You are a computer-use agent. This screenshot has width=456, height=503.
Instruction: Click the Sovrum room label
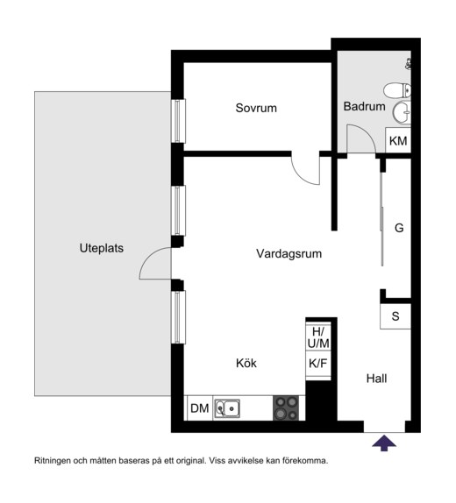pyautogui.click(x=256, y=108)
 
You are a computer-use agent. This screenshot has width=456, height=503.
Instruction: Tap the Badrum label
pyautogui.click(x=364, y=107)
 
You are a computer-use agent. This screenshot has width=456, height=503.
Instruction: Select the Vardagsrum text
pyautogui.click(x=289, y=254)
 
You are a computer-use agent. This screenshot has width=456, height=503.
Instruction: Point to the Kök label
pyautogui.click(x=246, y=363)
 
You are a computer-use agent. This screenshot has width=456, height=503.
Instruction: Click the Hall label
pyautogui.click(x=376, y=379)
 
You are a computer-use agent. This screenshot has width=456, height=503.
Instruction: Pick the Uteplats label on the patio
pyautogui.click(x=102, y=248)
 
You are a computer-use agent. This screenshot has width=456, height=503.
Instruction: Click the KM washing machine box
pyautogui.click(x=398, y=140)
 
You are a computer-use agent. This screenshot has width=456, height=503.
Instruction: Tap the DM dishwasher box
pyautogui.click(x=200, y=408)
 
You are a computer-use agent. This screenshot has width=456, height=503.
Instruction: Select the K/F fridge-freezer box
pyautogui.click(x=318, y=364)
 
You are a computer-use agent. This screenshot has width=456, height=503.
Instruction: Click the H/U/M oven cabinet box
pyautogui.click(x=318, y=337)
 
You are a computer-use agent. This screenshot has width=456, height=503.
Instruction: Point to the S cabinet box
pyautogui.click(x=395, y=316)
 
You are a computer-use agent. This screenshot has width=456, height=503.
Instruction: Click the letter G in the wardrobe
pyautogui.click(x=399, y=228)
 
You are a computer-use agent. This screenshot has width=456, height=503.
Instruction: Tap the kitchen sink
pyautogui.click(x=227, y=408)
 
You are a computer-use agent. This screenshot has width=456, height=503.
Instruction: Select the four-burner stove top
pyautogui.click(x=286, y=408)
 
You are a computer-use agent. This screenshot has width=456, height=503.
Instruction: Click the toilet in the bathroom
pyautogui.click(x=397, y=90)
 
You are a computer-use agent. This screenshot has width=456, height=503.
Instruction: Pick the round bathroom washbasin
pyautogui.click(x=402, y=112)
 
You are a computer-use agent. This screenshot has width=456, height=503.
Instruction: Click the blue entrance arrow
pyautogui.click(x=384, y=443)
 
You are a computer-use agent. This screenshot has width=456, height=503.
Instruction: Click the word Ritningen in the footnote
pyautogui.click(x=52, y=461)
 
